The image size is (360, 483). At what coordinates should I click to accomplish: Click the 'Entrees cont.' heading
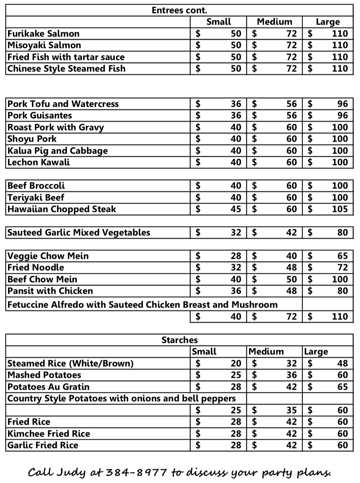tap(179, 10)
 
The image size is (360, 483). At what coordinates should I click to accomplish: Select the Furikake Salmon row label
tap(44, 34)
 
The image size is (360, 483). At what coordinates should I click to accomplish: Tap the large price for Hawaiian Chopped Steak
tap(340, 209)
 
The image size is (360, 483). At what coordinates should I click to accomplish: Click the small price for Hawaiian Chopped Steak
tap(236, 209)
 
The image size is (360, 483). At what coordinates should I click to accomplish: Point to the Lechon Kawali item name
tap(39, 162)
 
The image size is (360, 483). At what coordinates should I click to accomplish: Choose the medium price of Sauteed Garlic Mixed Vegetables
tap(291, 233)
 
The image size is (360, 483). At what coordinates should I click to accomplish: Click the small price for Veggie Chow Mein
tap(236, 256)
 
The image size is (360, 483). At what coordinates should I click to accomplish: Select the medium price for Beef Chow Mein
tap(291, 280)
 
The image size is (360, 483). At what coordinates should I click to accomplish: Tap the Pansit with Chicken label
tap(50, 291)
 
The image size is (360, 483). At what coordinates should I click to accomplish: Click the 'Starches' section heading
tap(179, 340)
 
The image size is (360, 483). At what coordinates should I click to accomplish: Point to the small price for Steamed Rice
tap(236, 364)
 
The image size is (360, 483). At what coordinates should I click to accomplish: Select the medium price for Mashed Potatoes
tap(291, 375)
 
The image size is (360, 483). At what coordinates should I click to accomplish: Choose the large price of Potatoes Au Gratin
tap(342, 387)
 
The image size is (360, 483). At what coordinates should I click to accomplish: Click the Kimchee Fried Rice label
tap(49, 434)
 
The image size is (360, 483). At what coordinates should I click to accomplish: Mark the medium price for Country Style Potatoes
tap(291, 410)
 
